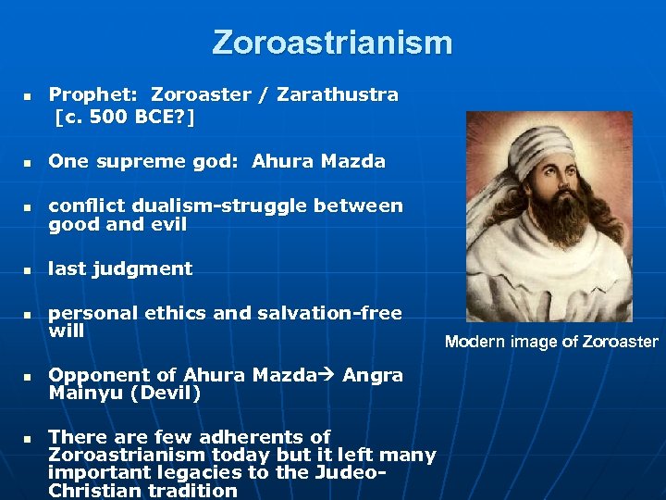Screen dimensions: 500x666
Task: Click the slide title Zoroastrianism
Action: [332, 43]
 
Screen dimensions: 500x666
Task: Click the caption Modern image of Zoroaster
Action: [551, 342]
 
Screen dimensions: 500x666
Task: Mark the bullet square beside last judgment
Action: [28, 270]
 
